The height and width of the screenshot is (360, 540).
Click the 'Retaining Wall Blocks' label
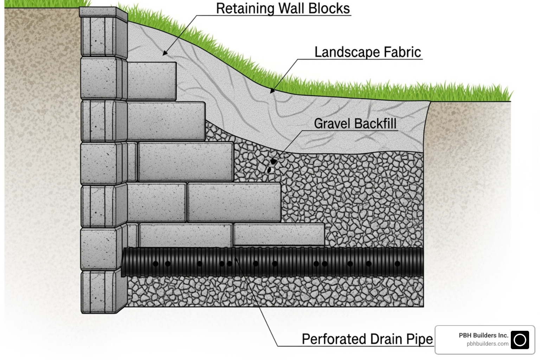coord(283,8)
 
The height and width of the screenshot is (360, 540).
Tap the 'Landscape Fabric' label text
coord(367,52)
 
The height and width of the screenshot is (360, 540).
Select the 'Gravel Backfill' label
coord(355,123)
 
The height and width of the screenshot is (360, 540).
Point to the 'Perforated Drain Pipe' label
coord(367,339)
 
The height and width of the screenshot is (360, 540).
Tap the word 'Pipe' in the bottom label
coord(420,339)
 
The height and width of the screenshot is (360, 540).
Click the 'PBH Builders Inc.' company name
coord(483,335)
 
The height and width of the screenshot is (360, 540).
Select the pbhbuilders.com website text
coord(487,344)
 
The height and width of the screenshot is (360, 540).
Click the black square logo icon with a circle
coord(520,340)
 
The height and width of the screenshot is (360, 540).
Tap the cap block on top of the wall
coord(103,12)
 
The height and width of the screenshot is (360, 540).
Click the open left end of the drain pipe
coord(124,262)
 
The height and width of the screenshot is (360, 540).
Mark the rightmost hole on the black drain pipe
coord(397,264)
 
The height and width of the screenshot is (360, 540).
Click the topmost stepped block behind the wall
coord(151,81)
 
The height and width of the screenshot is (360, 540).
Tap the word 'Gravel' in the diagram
coord(333,123)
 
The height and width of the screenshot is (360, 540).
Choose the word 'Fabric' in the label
coord(402,52)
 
